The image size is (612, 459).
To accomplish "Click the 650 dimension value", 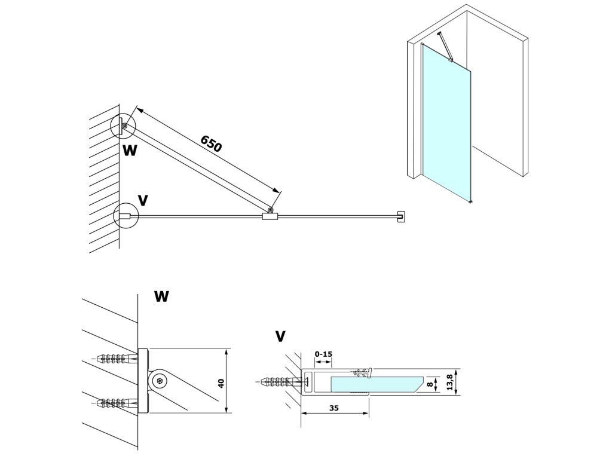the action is (x=211, y=143).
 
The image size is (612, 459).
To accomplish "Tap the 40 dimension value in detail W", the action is (x=221, y=383).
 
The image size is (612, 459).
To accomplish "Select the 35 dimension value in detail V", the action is (x=333, y=408).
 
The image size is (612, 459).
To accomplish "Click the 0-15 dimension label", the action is (x=323, y=354).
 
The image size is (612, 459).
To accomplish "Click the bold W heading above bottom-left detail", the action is (x=161, y=296).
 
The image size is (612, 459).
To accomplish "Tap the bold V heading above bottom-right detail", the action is (x=280, y=336).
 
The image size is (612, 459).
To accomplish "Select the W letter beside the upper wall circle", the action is (x=130, y=150).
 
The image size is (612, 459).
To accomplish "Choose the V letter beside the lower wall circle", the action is (x=143, y=200).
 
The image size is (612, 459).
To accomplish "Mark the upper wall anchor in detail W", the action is (x=116, y=359).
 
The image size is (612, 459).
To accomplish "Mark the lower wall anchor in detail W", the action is (x=116, y=402).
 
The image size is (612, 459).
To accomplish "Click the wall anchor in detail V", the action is (x=280, y=381).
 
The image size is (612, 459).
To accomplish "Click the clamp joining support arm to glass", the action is (x=270, y=216).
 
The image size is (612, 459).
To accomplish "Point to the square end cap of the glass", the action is (x=401, y=216).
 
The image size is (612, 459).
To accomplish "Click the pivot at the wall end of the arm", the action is (x=124, y=126).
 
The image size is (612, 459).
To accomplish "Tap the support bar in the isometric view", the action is (x=445, y=46).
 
